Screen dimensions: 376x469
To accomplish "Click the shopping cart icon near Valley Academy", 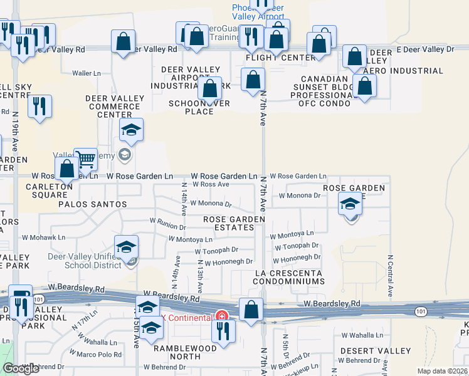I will (x=85, y=160).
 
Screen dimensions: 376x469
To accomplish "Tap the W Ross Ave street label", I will (x=211, y=184).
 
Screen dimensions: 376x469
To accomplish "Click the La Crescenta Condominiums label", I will (x=289, y=278).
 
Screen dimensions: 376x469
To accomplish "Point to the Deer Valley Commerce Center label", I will (x=114, y=107).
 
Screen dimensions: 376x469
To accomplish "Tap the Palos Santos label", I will (x=93, y=204).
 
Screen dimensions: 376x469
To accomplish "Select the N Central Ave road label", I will (x=390, y=275).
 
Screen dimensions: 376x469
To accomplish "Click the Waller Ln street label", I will (x=87, y=73).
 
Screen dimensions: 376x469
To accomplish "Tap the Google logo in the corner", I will (x=21, y=368).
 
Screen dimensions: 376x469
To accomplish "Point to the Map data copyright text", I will (x=443, y=370).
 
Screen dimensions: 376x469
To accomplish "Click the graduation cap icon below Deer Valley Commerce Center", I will (x=131, y=130).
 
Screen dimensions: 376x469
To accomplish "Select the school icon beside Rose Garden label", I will (x=350, y=204).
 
